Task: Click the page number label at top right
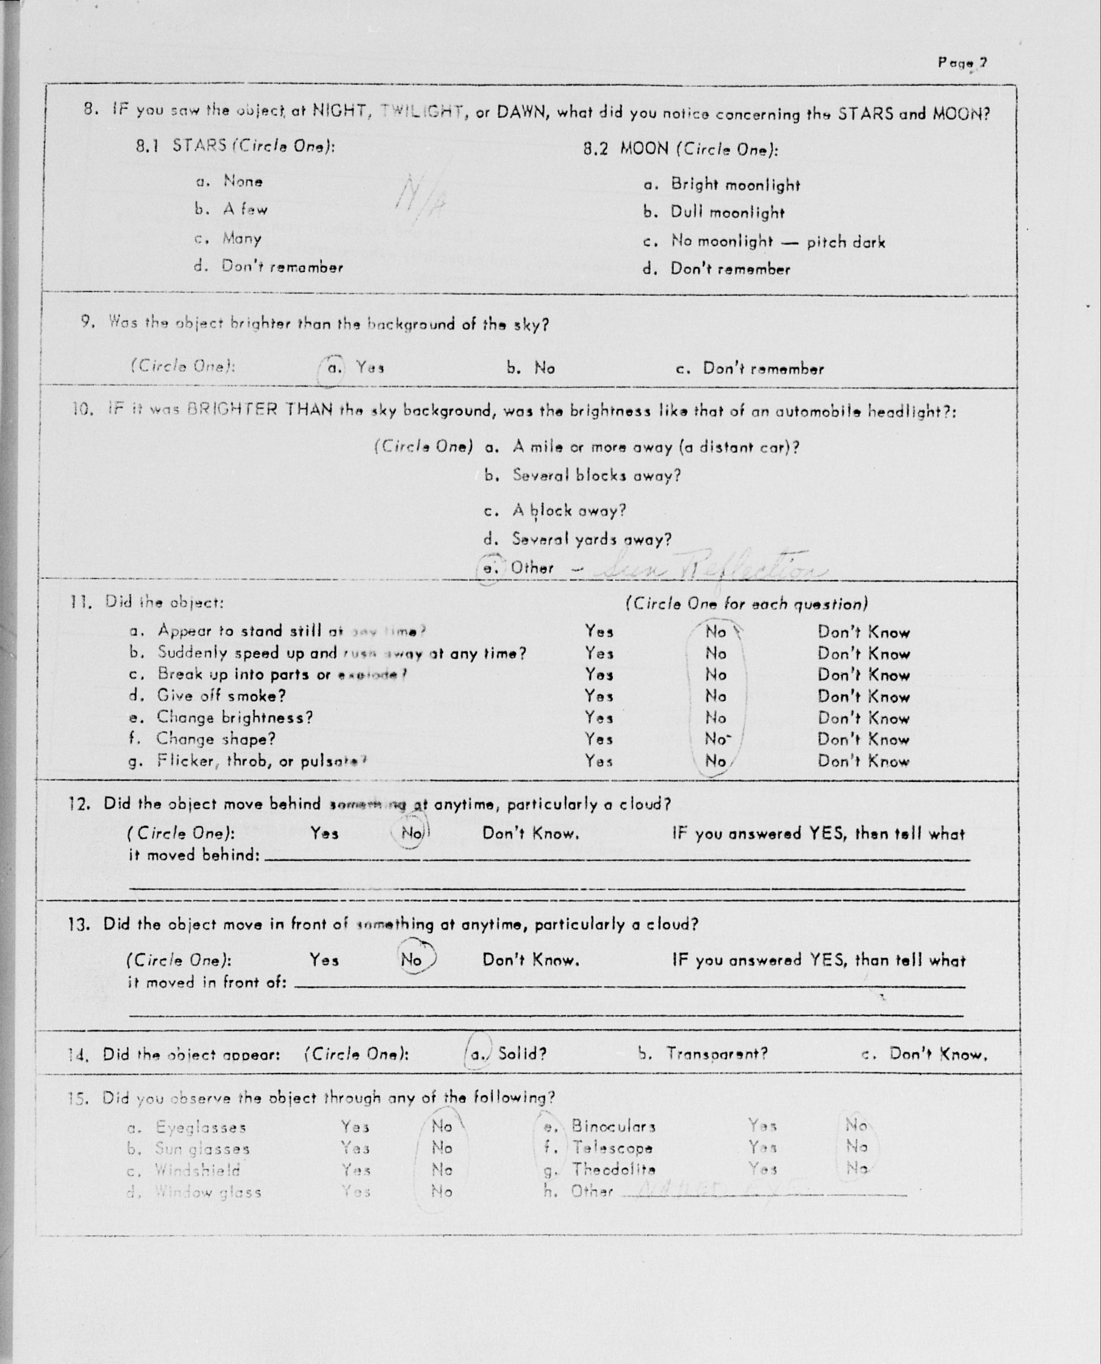click(x=962, y=63)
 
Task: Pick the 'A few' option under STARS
click(x=245, y=209)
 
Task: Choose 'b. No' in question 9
click(x=531, y=368)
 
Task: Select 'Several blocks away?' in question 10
click(x=596, y=475)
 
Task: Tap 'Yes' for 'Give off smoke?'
click(x=599, y=696)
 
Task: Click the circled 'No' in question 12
click(x=411, y=833)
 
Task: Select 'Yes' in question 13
click(x=324, y=960)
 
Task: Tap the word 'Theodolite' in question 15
click(x=613, y=1169)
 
